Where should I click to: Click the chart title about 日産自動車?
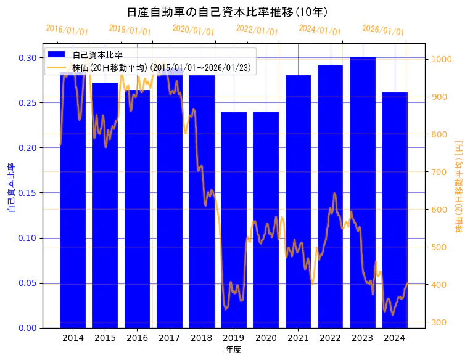click(227, 12)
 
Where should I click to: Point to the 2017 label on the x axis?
click(169, 338)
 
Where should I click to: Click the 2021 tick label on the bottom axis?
click(298, 338)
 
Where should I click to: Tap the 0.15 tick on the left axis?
click(26, 193)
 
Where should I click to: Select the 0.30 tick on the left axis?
click(26, 58)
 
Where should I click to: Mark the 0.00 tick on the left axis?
click(26, 328)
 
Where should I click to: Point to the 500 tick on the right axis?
click(440, 247)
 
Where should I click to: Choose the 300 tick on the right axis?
click(440, 322)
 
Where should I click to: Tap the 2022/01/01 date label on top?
click(257, 30)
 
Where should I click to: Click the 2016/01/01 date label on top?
click(67, 30)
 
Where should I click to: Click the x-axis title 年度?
click(233, 350)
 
